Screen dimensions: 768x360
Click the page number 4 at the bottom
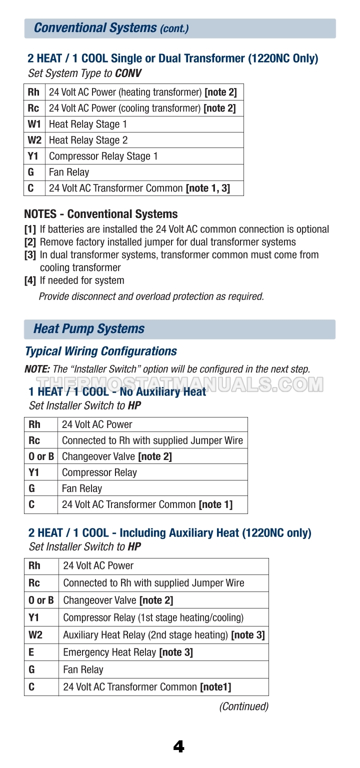pyautogui.click(x=178, y=746)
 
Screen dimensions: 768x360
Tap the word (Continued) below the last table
pyautogui.click(x=243, y=706)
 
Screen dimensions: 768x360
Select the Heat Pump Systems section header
pyautogui.click(x=89, y=329)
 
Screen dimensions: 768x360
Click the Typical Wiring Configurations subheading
pyautogui.click(x=100, y=351)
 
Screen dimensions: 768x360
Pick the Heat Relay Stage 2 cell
pyautogui.click(x=88, y=140)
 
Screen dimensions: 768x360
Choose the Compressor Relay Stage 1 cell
pyautogui.click(x=103, y=156)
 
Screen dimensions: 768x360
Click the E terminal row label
pyautogui.click(x=31, y=652)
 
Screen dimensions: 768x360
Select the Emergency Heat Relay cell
pyautogui.click(x=128, y=652)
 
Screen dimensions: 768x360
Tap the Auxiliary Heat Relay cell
pyautogui.click(x=163, y=635)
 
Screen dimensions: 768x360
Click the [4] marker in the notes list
pyautogui.click(x=30, y=280)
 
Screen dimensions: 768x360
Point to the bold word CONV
pyautogui.click(x=128, y=73)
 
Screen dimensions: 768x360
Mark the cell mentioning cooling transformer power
pyautogui.click(x=142, y=108)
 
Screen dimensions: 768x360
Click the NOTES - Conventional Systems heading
pyautogui.click(x=100, y=214)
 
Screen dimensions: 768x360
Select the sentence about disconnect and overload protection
pyautogui.click(x=151, y=296)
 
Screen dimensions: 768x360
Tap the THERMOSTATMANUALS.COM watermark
pyautogui.click(x=180, y=383)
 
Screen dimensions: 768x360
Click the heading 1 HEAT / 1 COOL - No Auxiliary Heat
pyautogui.click(x=117, y=391)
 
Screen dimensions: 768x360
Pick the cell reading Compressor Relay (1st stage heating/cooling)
pyautogui.click(x=153, y=617)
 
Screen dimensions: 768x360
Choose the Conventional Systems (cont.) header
pyautogui.click(x=111, y=28)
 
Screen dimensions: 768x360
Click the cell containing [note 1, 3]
pyautogui.click(x=139, y=188)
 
